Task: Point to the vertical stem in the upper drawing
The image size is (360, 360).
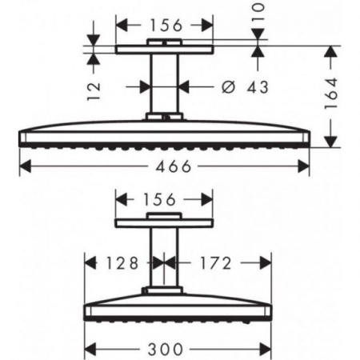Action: click(x=165, y=84)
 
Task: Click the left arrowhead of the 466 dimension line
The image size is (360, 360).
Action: click(x=22, y=166)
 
